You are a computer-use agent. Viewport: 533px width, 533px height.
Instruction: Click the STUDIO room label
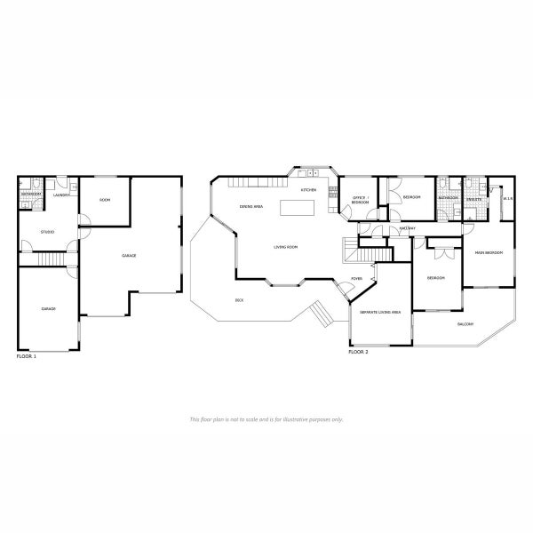coord(48,233)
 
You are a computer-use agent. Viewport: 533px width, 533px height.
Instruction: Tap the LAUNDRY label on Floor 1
coord(61,195)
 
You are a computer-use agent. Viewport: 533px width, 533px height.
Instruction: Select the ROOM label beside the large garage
coord(104,200)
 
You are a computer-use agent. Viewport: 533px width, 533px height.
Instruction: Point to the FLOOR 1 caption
coord(27,355)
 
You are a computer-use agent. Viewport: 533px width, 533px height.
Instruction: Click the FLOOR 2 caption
coord(358,352)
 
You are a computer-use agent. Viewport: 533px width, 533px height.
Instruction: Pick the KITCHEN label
coord(308,190)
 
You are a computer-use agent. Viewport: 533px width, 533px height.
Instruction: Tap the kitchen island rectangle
coord(298,209)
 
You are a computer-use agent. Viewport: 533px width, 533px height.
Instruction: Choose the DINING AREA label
coord(251,206)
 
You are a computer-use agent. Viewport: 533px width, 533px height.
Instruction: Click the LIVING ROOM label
coord(285,247)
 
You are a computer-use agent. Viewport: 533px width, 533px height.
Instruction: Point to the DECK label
coord(239,300)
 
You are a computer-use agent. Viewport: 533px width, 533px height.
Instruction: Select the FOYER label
coord(356,279)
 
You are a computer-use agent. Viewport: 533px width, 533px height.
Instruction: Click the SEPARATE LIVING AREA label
coord(379,313)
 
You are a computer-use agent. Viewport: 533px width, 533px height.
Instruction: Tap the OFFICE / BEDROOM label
coord(360,200)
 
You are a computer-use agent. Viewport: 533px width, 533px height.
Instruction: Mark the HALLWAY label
coord(408,228)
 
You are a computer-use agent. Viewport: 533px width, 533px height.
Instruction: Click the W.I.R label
coord(508,198)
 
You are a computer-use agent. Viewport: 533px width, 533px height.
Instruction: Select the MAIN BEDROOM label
coord(489,253)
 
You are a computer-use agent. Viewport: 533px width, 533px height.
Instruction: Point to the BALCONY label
coord(465,323)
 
